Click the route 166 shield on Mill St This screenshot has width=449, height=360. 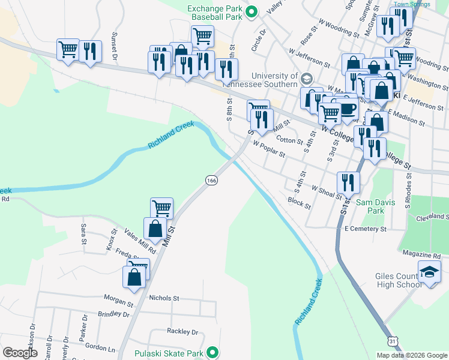(x=211, y=180)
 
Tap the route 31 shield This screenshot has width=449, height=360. (x=392, y=341)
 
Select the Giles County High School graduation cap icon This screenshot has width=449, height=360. (x=429, y=271)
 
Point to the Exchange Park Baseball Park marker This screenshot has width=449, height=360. (x=252, y=11)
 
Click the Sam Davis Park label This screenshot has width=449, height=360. (x=376, y=207)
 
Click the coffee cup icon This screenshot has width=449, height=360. (x=348, y=109)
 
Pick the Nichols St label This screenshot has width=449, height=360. (x=164, y=298)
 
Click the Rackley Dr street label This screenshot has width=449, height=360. (x=182, y=331)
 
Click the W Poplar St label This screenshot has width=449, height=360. (x=269, y=149)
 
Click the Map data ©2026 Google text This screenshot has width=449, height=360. (x=411, y=355)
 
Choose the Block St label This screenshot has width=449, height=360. (x=299, y=203)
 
